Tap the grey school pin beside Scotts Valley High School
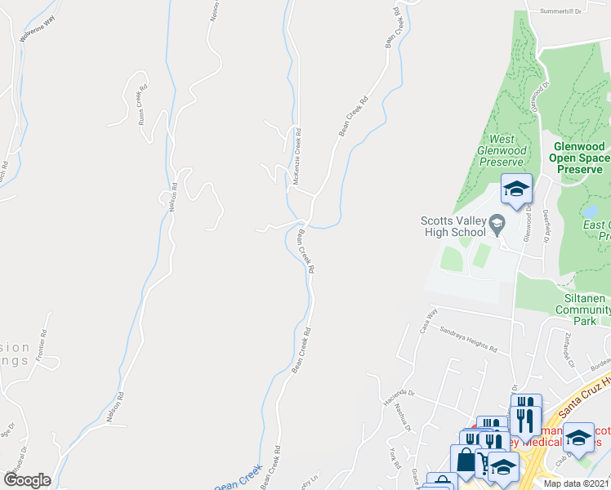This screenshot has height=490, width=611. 496,220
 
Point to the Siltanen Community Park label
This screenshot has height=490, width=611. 580,310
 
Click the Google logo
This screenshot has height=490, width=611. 27,480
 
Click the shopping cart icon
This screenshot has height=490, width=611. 482,463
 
